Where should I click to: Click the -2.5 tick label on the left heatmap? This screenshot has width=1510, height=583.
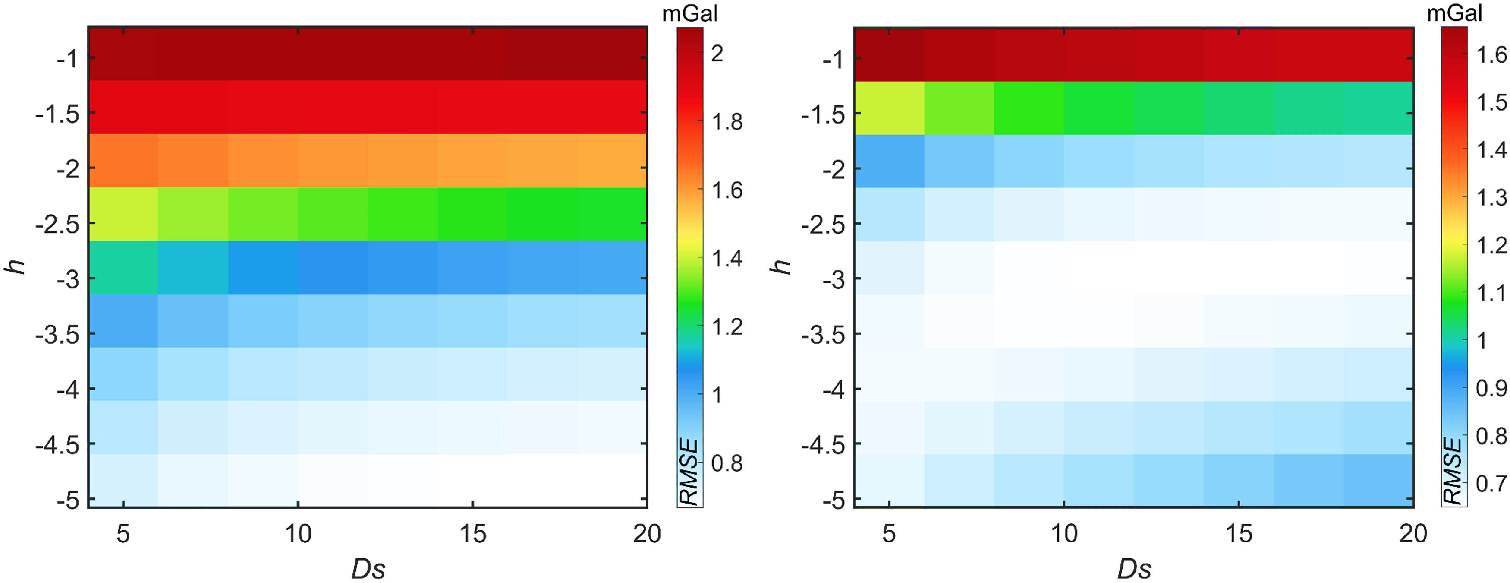57,225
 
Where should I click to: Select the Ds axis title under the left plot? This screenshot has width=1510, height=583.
368,568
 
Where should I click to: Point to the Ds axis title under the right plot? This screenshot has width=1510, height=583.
1134,568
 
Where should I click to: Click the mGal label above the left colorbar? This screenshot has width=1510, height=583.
689,13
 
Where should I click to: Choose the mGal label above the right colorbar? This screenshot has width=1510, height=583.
1454,13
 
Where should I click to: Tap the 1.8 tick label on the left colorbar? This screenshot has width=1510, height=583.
727,122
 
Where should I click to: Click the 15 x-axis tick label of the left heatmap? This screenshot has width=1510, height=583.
472,534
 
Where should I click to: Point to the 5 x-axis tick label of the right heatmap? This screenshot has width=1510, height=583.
889,534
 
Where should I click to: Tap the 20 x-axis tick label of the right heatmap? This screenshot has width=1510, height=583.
1412,534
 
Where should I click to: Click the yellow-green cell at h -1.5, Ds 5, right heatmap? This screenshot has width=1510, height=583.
889,108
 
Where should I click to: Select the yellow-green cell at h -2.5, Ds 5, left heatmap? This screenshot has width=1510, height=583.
123,214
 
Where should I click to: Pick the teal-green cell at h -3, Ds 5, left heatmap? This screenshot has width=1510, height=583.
123,267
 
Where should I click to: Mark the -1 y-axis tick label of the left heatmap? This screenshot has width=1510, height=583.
67,59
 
